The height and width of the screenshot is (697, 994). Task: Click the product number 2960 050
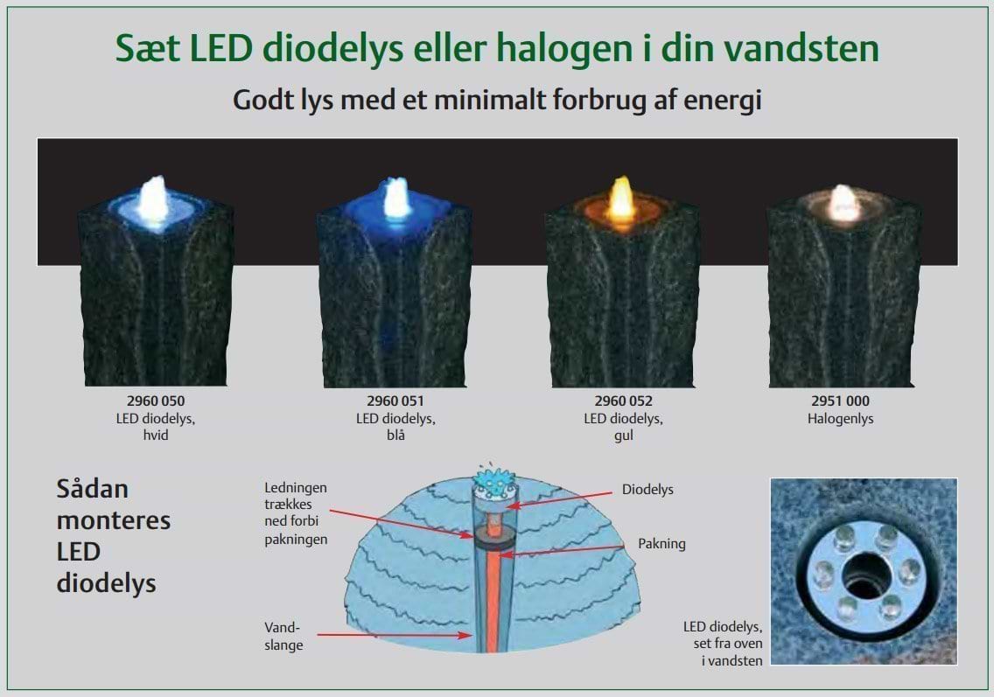(x=156, y=401)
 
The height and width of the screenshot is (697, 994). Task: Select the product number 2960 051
(x=395, y=401)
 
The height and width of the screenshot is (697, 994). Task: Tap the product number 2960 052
(x=623, y=401)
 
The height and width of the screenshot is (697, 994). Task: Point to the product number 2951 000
(x=841, y=401)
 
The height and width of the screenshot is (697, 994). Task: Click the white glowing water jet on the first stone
(x=153, y=199)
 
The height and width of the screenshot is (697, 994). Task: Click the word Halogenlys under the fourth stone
(x=841, y=419)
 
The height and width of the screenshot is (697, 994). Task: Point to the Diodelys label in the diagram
(x=647, y=490)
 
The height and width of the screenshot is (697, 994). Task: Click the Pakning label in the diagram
(x=661, y=544)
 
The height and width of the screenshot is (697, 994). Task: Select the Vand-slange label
(x=283, y=636)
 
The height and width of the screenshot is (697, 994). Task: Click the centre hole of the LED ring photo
(x=863, y=574)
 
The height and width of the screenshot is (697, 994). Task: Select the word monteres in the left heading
(x=114, y=521)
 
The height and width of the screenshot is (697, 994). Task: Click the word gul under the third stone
(x=623, y=436)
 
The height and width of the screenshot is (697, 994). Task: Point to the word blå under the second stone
(x=395, y=436)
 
